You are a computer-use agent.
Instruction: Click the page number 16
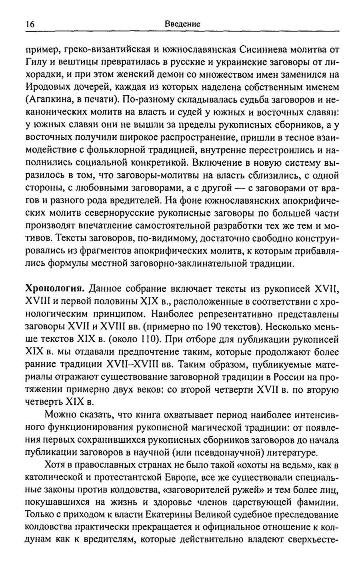[28, 24]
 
